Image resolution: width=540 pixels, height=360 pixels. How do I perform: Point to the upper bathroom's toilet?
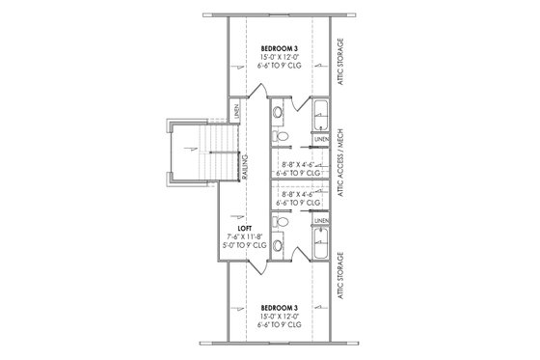click(x=280, y=113)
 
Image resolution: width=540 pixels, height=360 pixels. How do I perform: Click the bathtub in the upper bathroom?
click(x=320, y=116)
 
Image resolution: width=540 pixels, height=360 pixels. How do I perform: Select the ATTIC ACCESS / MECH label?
click(x=339, y=180)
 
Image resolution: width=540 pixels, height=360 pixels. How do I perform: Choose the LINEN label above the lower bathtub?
click(x=321, y=221)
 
